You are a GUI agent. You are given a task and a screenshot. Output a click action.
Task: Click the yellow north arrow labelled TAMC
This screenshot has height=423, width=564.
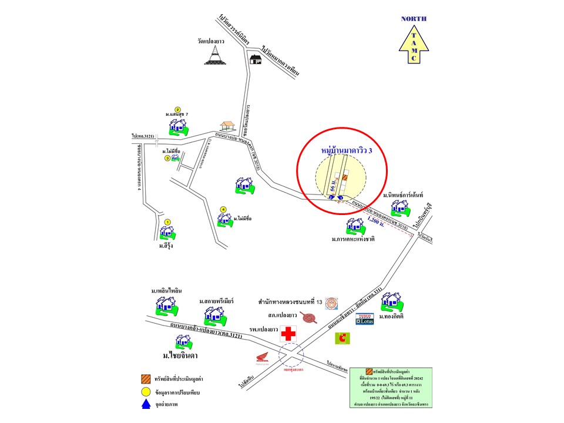point(414,45)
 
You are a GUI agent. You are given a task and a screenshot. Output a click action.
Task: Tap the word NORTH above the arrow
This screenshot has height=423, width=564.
point(414,19)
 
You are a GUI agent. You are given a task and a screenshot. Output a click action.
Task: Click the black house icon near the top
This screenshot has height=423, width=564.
point(254,59)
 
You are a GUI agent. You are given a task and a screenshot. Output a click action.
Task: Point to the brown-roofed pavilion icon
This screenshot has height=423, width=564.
point(227,126)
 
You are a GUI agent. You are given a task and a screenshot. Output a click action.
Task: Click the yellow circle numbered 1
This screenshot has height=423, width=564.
point(167,222)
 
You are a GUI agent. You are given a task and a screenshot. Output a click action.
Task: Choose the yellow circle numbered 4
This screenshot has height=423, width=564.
point(223,209)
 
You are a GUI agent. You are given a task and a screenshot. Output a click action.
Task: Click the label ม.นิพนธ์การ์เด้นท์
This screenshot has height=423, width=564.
point(404,194)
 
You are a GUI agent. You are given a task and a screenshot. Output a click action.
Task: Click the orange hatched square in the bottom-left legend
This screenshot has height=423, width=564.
point(145,378)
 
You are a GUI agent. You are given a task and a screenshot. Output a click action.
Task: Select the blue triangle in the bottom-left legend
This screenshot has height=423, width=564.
point(145,405)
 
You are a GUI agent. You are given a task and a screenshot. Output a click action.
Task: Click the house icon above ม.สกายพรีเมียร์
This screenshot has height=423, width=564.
point(212,315)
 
